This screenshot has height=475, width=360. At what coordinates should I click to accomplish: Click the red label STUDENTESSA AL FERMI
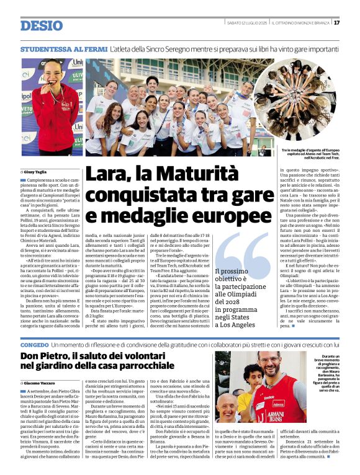63,48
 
